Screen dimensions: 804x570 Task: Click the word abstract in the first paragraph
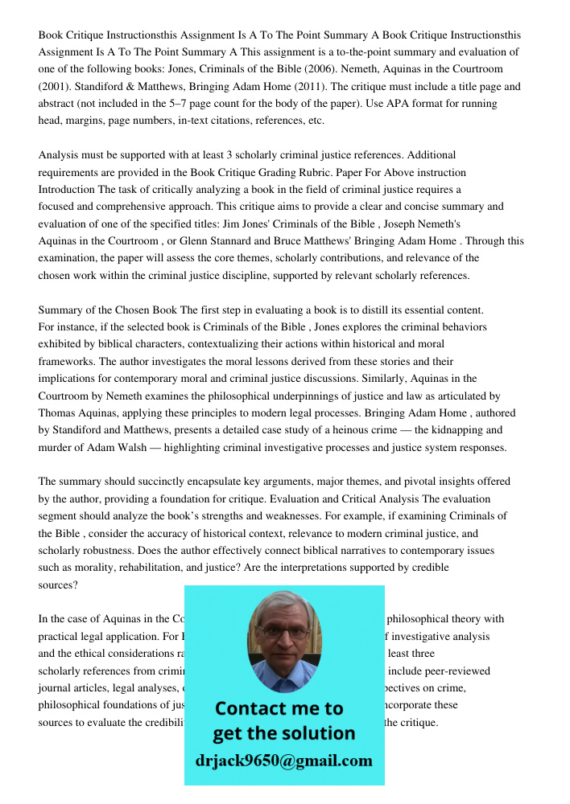pos(59,104)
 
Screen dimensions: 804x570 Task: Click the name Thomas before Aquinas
pos(60,412)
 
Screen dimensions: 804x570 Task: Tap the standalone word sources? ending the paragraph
pos(58,585)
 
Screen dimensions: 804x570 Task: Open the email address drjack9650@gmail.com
pos(284,761)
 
